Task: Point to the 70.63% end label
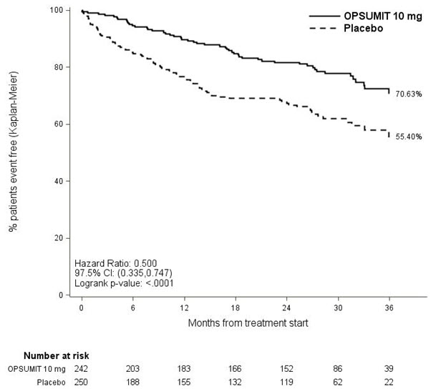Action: (x=409, y=94)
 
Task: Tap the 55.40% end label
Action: (x=409, y=136)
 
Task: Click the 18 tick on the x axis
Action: (x=235, y=308)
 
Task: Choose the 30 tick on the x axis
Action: (x=337, y=308)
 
